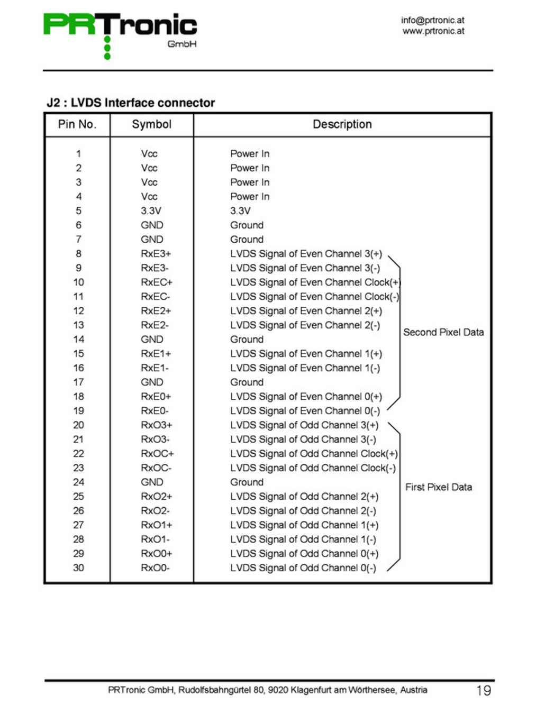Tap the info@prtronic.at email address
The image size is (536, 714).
[432, 20]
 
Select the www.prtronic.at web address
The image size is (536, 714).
[433, 31]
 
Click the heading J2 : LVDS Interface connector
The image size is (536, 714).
[131, 103]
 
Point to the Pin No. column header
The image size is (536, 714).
[77, 124]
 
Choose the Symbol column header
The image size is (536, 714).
[151, 124]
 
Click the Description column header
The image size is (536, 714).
[342, 124]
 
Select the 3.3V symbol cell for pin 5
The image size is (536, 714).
[151, 210]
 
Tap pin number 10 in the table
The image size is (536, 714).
[78, 282]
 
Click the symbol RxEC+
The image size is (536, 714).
[157, 282]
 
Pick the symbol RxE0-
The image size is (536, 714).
[155, 410]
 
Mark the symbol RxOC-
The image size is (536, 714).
[156, 468]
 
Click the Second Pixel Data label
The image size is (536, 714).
[443, 332]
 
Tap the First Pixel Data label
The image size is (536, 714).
[439, 487]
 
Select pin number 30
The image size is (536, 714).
[78, 567]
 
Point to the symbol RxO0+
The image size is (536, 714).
[156, 553]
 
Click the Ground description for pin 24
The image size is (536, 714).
[247, 482]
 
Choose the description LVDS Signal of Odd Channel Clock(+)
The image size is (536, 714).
[314, 453]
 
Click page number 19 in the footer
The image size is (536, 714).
[484, 690]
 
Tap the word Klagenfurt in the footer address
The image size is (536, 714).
[311, 690]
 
